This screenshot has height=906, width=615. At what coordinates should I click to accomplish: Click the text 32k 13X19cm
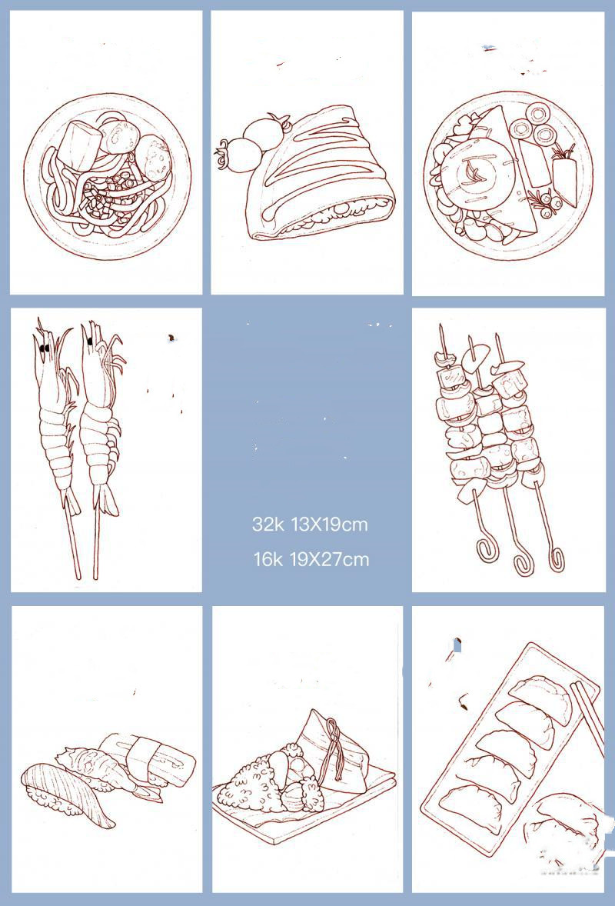point(310,525)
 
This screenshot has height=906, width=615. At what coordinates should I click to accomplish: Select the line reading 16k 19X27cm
point(311,559)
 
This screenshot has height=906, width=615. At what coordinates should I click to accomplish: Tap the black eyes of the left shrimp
point(44,348)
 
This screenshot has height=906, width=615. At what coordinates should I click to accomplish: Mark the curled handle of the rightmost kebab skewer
point(556,558)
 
